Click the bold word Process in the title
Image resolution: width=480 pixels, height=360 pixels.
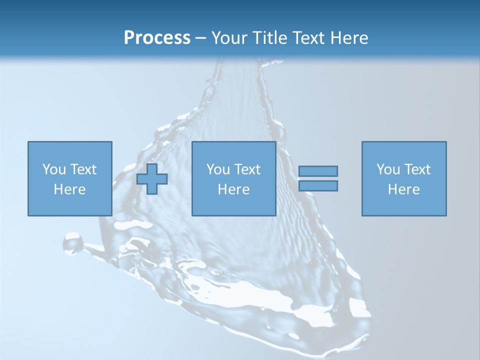[157, 38]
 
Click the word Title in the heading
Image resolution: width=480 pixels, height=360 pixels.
[269, 38]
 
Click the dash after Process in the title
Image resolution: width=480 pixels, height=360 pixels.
[200, 38]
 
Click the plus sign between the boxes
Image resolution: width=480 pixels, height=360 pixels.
[152, 179]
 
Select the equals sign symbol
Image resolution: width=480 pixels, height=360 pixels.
[318, 178]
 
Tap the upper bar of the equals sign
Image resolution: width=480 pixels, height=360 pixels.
[318, 171]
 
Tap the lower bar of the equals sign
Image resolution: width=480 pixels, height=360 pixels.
[318, 185]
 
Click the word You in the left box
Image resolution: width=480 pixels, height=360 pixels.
[53, 169]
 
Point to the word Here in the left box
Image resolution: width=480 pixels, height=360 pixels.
[69, 189]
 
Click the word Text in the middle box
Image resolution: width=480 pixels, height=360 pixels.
[247, 169]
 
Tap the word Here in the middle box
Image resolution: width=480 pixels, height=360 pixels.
[233, 189]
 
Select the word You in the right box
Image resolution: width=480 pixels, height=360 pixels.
[387, 169]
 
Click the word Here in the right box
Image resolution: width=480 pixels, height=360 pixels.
[403, 189]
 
